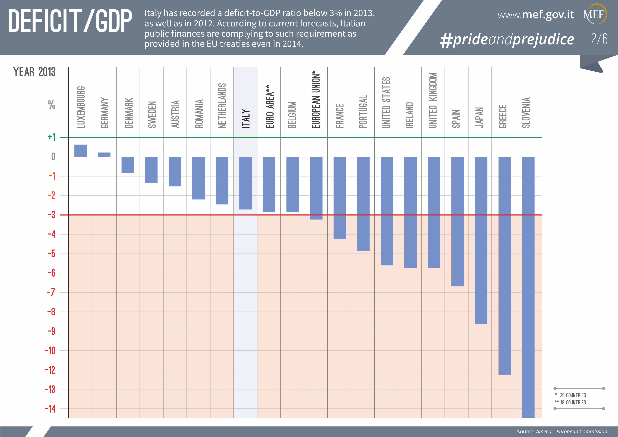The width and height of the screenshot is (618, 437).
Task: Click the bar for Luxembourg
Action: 80,151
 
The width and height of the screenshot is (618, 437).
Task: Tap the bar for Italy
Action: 245,183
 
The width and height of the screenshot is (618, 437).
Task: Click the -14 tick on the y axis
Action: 50,409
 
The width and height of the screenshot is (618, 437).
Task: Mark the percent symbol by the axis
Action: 51,105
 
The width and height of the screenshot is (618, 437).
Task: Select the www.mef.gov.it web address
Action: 536,15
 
